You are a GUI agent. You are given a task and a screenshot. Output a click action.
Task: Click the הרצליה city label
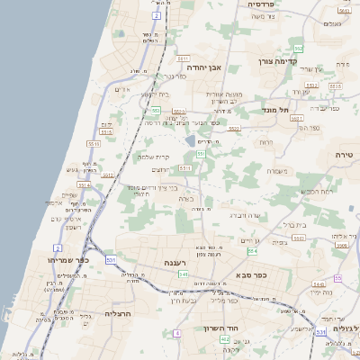(x=119, y=313)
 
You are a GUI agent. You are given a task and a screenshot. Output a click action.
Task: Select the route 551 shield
(x=201, y=154)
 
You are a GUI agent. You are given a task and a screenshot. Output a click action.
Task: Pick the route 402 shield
(x=223, y=339)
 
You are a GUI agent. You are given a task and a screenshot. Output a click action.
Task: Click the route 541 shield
(x=183, y=274)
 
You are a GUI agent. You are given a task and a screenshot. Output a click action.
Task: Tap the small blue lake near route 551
(x=191, y=140)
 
